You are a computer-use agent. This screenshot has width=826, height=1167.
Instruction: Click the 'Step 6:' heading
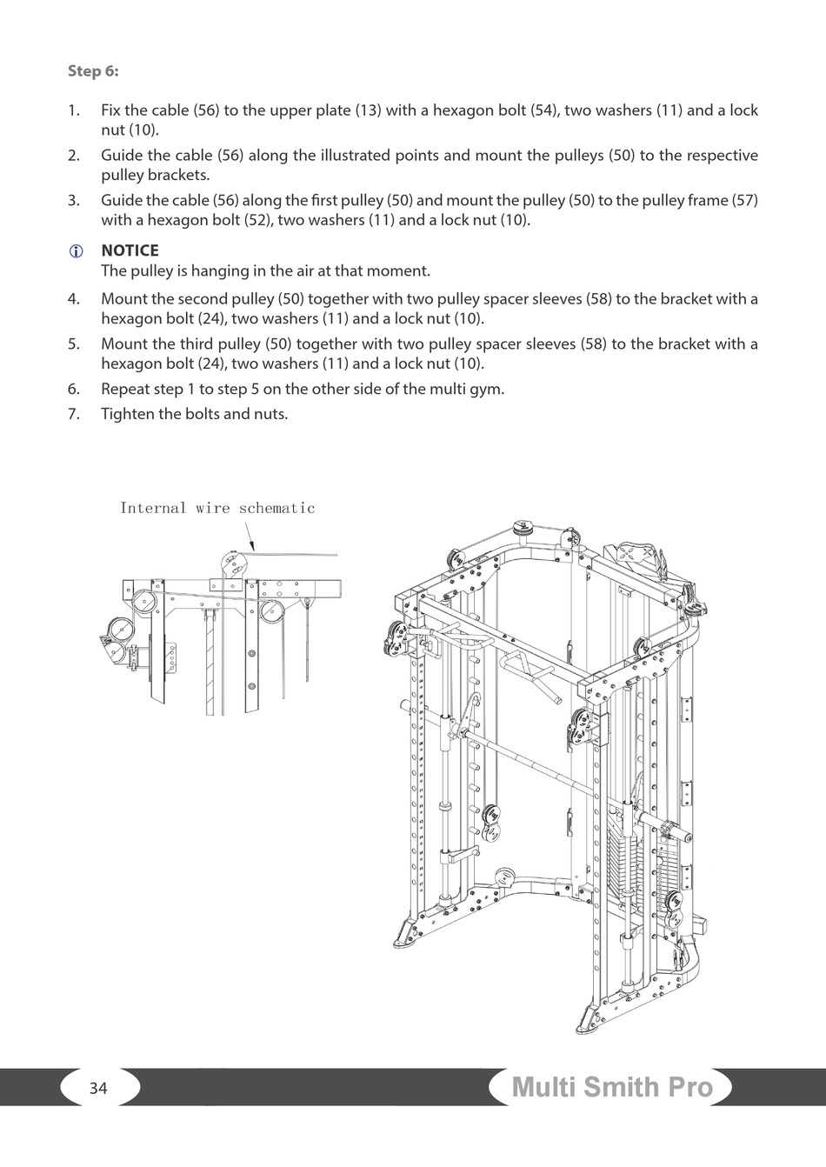[93, 71]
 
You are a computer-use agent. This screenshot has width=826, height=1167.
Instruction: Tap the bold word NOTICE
[130, 250]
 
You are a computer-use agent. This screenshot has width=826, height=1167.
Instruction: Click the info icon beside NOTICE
[75, 251]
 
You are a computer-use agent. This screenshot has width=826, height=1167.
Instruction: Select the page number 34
[98, 1088]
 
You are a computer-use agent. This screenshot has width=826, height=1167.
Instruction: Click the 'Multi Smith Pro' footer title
[612, 1087]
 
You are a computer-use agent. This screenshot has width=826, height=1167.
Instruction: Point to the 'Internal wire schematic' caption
[217, 508]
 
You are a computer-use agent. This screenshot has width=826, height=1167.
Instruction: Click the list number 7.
[74, 414]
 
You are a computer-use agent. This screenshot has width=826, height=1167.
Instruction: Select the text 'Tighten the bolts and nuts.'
[194, 414]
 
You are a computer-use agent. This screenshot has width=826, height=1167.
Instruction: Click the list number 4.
[74, 299]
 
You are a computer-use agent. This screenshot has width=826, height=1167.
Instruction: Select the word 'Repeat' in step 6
[125, 389]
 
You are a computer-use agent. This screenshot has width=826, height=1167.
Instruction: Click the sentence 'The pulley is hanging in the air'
[265, 271]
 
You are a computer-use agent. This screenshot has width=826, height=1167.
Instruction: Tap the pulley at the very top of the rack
[524, 529]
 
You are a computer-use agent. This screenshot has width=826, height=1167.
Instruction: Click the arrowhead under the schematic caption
[252, 547]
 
